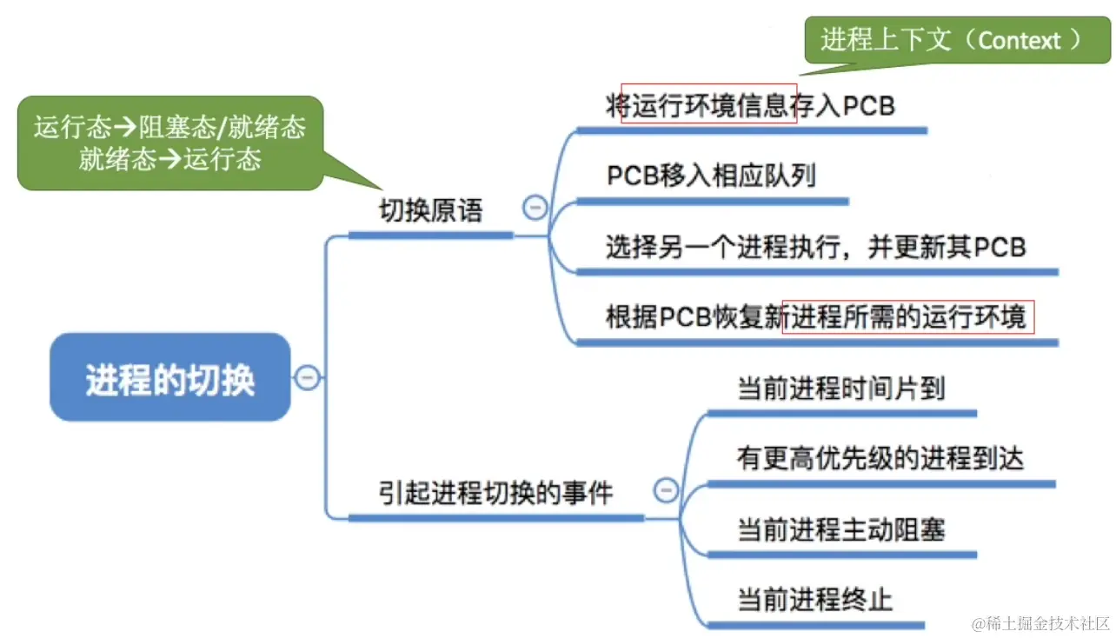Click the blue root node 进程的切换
[x=170, y=378]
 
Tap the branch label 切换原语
[x=430, y=211]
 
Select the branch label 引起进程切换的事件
[x=495, y=494]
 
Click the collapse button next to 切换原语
[x=535, y=208]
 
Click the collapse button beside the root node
[x=308, y=378]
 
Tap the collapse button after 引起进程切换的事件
[x=665, y=490]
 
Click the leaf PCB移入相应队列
[x=711, y=176]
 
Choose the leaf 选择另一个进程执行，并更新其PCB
[x=815, y=247]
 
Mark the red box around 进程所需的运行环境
[x=908, y=317]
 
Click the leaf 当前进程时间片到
[x=840, y=388]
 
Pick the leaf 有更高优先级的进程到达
[x=880, y=458]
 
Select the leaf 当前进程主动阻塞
[x=840, y=528]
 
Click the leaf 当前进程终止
[x=814, y=599]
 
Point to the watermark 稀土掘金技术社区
[x=1041, y=622]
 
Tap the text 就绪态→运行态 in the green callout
[x=170, y=159]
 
